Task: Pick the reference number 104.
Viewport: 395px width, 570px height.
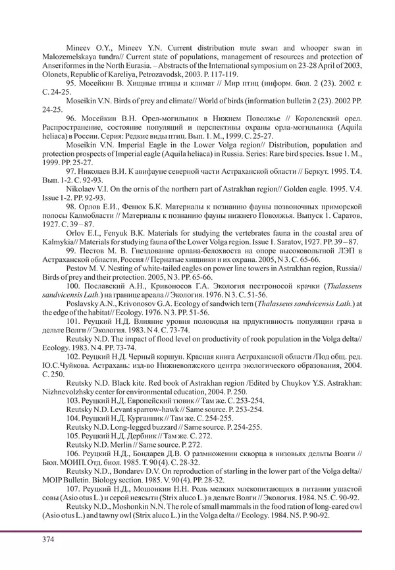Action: (x=74, y=418)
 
